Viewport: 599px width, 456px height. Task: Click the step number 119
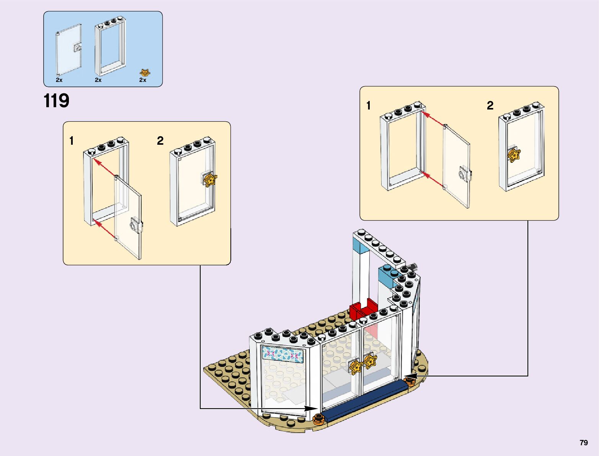(57, 101)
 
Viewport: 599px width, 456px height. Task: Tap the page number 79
(583, 443)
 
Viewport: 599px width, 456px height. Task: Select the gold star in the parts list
(145, 72)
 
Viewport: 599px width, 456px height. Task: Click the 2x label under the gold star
(143, 80)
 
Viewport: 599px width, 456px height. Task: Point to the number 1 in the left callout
(71, 141)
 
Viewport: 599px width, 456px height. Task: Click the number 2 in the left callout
(160, 141)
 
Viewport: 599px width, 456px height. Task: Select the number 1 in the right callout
(368, 106)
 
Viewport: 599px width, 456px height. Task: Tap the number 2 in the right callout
(490, 106)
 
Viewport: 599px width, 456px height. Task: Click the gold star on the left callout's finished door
(210, 180)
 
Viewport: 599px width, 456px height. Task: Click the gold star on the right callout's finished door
(514, 155)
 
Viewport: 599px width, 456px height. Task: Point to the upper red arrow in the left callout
(104, 168)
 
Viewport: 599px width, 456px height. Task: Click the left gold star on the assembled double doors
(356, 366)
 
